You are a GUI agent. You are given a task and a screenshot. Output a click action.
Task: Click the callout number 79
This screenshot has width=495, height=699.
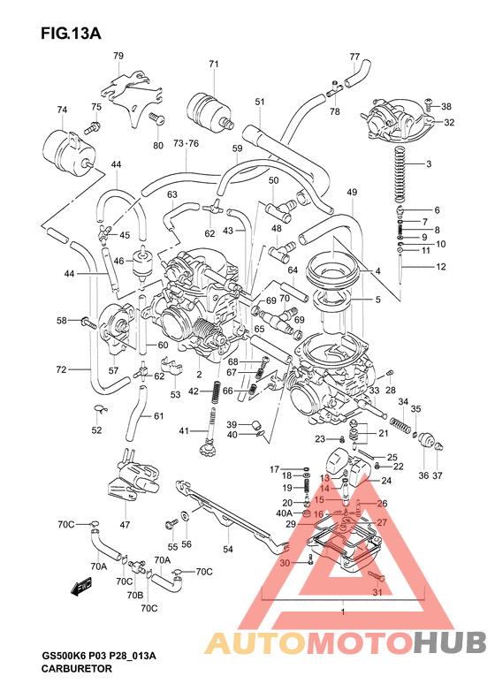(118, 56)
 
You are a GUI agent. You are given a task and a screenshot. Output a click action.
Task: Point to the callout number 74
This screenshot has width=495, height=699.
(62, 110)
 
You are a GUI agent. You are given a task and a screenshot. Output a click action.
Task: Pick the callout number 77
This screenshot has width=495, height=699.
(354, 56)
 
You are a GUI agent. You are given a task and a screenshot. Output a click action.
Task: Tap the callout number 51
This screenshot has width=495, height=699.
(260, 103)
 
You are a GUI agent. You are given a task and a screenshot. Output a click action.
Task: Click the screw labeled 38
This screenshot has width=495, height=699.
(428, 105)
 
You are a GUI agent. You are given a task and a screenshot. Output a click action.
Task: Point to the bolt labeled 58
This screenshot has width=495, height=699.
(87, 321)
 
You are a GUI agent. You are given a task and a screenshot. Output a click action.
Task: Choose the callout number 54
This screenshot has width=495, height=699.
(227, 550)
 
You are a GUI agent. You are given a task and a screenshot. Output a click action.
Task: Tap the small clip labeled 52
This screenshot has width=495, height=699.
(100, 409)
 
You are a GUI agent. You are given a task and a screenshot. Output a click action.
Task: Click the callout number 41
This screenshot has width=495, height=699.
(184, 430)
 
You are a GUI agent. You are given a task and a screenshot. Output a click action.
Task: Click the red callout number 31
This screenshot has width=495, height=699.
(377, 591)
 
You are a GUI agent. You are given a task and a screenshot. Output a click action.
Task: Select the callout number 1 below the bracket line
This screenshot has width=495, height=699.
(341, 612)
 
